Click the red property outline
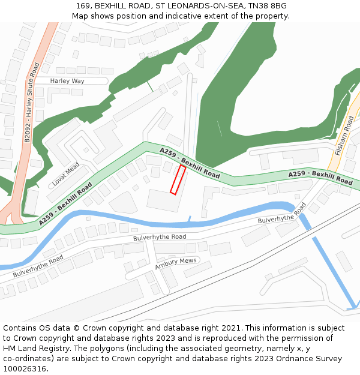tap(178, 180)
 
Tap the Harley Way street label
tap(67, 81)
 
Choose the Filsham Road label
tap(346, 136)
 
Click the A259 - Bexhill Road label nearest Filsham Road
tap(320, 177)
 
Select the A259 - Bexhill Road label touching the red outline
tap(190, 161)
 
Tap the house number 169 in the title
tap(83, 6)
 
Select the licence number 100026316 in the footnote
tap(26, 369)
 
